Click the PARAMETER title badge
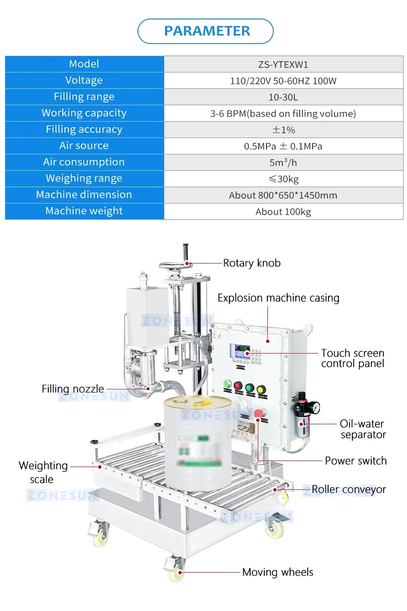point(206,31)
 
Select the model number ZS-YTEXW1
point(283,65)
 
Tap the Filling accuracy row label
point(84,129)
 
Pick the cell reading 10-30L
point(283,97)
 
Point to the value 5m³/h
point(283,163)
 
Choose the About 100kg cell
point(283,212)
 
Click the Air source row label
point(84,146)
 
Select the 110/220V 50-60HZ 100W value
point(283,81)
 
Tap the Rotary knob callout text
point(252,263)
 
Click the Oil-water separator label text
point(363,429)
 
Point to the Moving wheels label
point(278,572)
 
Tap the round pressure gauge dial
point(316,407)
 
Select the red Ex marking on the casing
point(217,335)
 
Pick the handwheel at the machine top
point(175,266)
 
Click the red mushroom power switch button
point(258,414)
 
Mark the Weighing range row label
point(84,179)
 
